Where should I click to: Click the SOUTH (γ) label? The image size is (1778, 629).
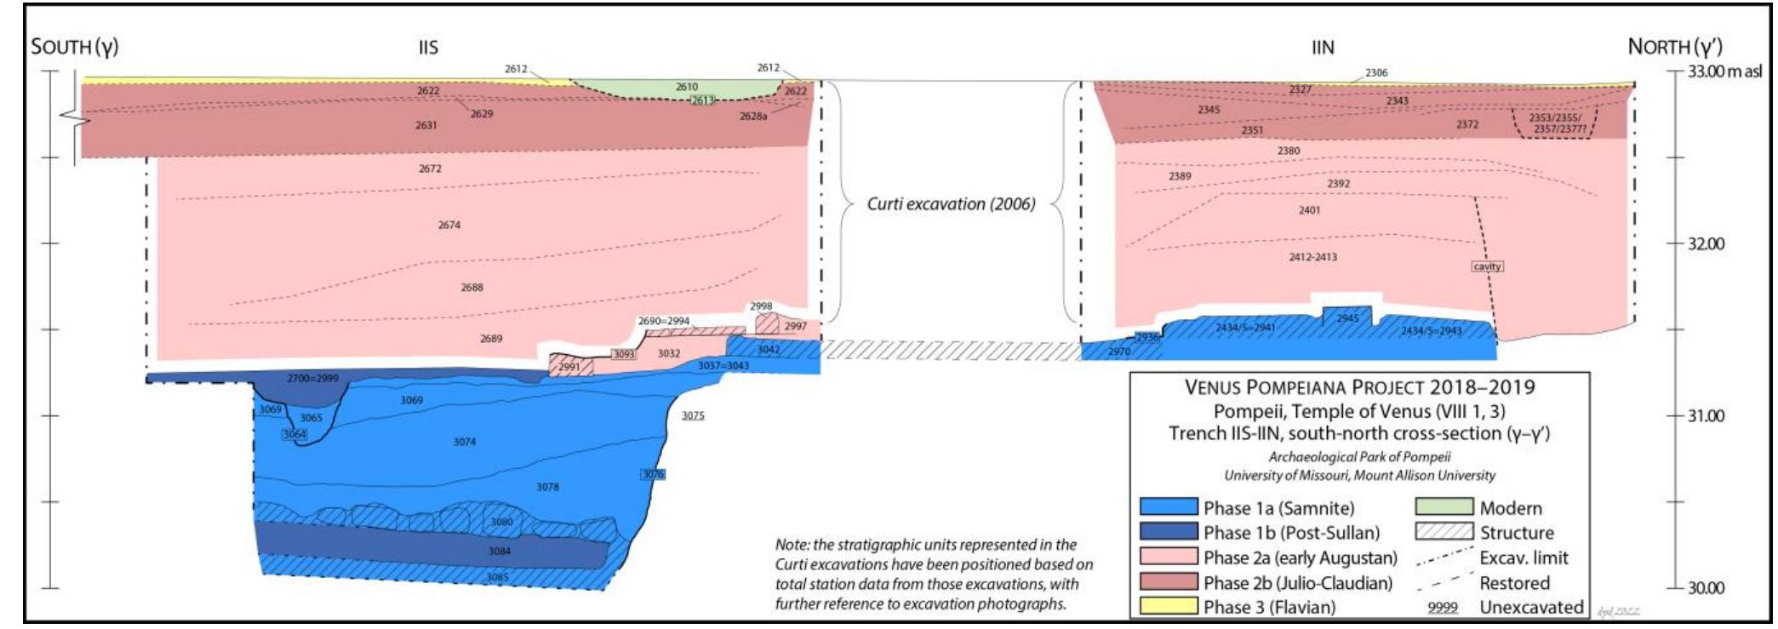(74, 47)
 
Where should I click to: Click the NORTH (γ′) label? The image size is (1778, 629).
(1675, 47)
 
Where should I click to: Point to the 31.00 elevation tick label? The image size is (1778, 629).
(1707, 416)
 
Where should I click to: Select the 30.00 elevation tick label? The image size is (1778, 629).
(1707, 588)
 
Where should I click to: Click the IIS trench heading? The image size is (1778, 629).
(428, 48)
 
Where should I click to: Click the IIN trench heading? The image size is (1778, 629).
(1322, 48)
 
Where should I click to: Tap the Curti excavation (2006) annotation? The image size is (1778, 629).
(951, 204)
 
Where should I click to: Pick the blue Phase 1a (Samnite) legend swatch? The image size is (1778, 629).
(1168, 508)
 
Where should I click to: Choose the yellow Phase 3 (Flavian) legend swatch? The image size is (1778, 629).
(1168, 607)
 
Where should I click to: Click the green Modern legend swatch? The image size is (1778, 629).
(1444, 508)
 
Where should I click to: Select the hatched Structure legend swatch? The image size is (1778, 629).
(1444, 533)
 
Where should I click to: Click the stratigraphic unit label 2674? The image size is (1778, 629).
(449, 226)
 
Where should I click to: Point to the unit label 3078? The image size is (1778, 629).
(547, 487)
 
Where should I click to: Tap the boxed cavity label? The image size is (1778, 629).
(1487, 266)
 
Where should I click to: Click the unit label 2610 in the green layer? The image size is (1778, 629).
(687, 87)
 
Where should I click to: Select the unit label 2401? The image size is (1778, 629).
(1309, 210)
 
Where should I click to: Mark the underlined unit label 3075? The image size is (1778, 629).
(693, 416)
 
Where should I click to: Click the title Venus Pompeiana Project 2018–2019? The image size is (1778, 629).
(1359, 388)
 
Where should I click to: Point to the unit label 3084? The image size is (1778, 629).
(500, 552)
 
